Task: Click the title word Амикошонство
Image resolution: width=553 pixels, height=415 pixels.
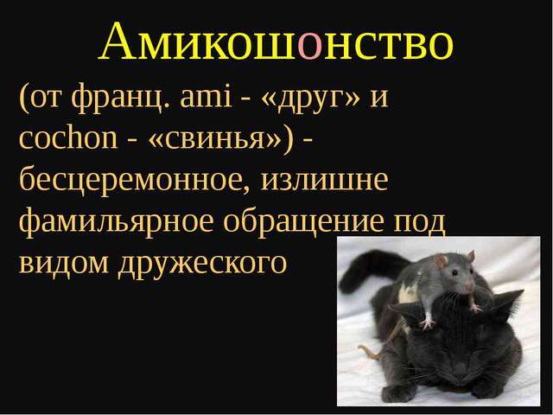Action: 276,41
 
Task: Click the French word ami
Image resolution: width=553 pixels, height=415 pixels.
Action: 206,96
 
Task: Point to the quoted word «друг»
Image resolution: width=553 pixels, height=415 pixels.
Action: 311,99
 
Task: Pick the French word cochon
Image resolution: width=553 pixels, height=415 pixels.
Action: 67,137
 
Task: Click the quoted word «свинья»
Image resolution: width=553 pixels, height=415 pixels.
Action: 215,139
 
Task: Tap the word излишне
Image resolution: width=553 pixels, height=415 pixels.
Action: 325,181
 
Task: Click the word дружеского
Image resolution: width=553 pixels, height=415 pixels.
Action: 202,265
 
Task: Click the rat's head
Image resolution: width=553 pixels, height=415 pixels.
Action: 457,273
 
